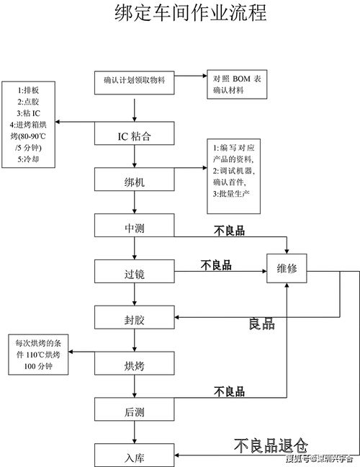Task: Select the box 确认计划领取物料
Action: [135, 80]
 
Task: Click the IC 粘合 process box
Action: [135, 135]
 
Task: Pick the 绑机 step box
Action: [135, 182]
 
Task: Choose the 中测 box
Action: [135, 228]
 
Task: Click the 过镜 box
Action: [135, 274]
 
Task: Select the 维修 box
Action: [287, 270]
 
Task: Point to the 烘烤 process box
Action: [135, 365]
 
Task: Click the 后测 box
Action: [135, 411]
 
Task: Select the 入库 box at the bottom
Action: [135, 455]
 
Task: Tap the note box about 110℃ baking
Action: [39, 355]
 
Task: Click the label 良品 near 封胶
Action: [262, 324]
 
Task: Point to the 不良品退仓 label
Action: [270, 445]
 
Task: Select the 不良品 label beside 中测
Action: [230, 231]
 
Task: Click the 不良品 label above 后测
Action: [230, 391]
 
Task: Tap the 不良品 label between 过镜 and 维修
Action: [216, 264]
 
